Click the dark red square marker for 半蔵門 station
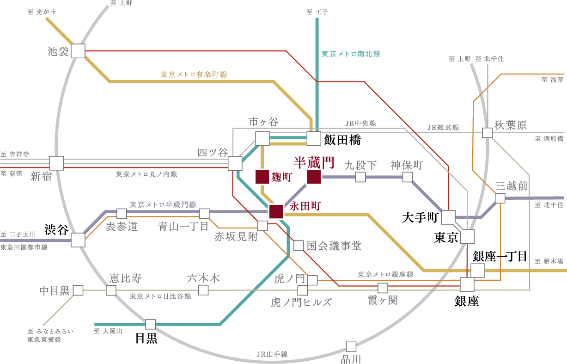tap(314, 177)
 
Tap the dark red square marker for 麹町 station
tap(262, 177)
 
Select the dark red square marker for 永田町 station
tap(276, 211)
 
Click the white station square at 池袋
tap(78, 51)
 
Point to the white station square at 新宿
tap(56, 163)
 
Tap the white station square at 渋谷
tap(78, 240)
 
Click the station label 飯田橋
tap(342, 139)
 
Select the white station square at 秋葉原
tap(487, 133)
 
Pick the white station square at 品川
tap(351, 346)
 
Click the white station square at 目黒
tap(151, 324)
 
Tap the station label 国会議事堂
tap(334, 246)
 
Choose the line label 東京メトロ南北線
tap(351, 54)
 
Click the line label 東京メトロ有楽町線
tap(194, 74)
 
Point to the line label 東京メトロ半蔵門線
tap(163, 204)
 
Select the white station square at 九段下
tap(360, 177)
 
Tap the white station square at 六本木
tap(203, 290)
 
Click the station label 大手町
tap(420, 217)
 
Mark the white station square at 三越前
tap(500, 198)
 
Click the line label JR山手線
tap(272, 354)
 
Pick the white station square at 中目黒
tap(78, 290)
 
